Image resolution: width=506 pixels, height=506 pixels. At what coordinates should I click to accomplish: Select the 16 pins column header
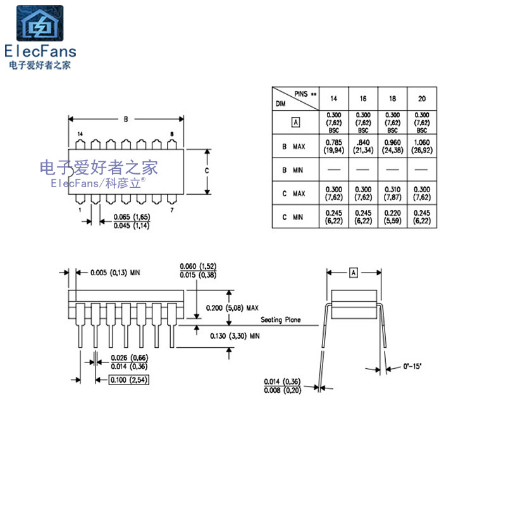[x=363, y=99]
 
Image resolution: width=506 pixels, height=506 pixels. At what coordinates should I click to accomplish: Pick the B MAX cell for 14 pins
[x=333, y=146]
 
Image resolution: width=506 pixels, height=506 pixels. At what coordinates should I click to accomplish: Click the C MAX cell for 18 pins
[x=392, y=193]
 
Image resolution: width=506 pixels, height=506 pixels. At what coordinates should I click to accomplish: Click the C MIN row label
[x=293, y=217]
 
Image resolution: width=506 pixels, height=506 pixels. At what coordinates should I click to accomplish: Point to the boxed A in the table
[x=295, y=122]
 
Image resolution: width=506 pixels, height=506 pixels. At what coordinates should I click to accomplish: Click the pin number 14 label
[x=80, y=135]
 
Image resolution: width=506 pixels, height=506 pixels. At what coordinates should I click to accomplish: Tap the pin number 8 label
[x=171, y=135]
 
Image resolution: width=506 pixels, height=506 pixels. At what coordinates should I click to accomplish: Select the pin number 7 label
[x=172, y=208]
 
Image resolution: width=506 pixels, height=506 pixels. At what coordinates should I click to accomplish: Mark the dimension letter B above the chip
[x=126, y=119]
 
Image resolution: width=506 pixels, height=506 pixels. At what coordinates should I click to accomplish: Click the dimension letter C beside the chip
[x=206, y=171]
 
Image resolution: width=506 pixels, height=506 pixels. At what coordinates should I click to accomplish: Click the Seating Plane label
[x=280, y=320]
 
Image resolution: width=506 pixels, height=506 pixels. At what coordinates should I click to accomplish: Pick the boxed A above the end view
[x=354, y=272]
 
